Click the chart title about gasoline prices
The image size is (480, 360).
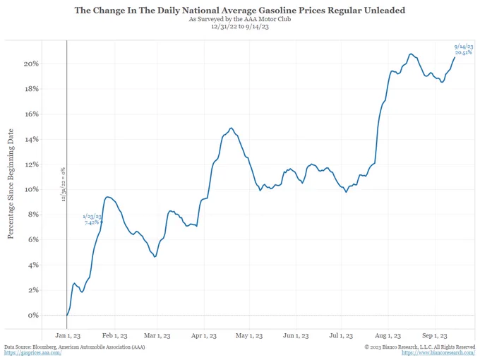(240, 11)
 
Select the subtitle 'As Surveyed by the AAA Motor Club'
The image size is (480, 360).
(240, 20)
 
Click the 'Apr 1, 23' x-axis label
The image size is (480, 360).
(204, 336)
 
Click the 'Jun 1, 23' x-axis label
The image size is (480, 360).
(295, 336)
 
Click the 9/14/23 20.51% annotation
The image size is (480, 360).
(464, 49)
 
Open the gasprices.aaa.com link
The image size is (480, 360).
(32, 353)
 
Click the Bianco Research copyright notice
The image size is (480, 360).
(419, 347)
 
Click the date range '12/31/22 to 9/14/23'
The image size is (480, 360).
(240, 28)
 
